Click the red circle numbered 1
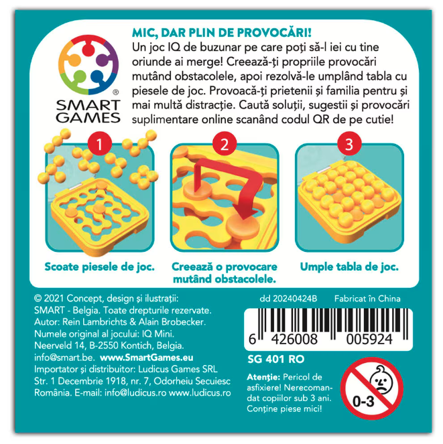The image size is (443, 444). pyautogui.click(x=99, y=144)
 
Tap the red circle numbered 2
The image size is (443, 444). pyautogui.click(x=225, y=144)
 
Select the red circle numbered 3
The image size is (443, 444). pyautogui.click(x=349, y=144)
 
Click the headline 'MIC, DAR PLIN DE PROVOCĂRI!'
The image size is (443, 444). pyautogui.click(x=222, y=33)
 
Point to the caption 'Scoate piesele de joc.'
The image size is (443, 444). pyautogui.click(x=99, y=267)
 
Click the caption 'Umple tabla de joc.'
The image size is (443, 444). pyautogui.click(x=349, y=267)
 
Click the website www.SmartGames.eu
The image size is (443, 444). pyautogui.click(x=147, y=358)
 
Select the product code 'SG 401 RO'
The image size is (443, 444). pyautogui.click(x=275, y=359)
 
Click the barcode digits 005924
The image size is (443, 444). pyautogui.click(x=369, y=339)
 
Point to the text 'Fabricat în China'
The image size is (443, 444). pyautogui.click(x=367, y=299)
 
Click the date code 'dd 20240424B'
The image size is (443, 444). pyautogui.click(x=288, y=299)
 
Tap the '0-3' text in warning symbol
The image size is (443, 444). pyautogui.click(x=363, y=401)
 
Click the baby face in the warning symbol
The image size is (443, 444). pyautogui.click(x=381, y=380)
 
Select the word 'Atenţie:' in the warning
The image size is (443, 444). pyautogui.click(x=263, y=378)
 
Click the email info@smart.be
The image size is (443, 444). pyautogui.click(x=64, y=358)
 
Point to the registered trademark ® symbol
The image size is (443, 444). pyautogui.click(x=116, y=92)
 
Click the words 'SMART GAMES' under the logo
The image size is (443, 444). pyautogui.click(x=88, y=112)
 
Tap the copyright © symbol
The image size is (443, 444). pyautogui.click(x=38, y=299)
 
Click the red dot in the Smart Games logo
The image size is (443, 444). pyautogui.click(x=88, y=50)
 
